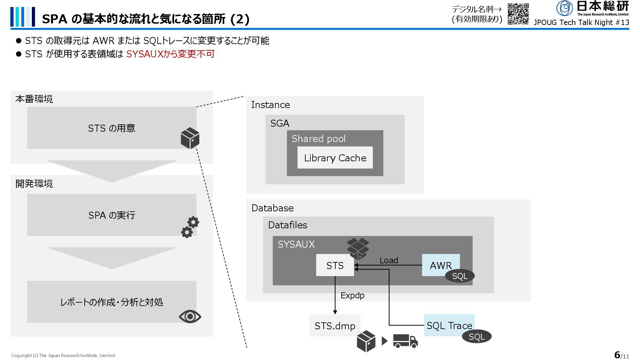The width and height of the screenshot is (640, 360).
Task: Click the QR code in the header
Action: [518, 14]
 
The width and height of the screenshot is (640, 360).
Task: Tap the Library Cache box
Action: [335, 158]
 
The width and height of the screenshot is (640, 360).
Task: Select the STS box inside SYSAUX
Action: [335, 265]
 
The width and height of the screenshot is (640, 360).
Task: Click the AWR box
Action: [440, 265]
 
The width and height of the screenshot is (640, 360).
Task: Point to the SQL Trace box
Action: [449, 325]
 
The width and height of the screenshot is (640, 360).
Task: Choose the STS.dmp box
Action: [335, 325]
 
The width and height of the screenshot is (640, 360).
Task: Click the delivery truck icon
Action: [405, 341]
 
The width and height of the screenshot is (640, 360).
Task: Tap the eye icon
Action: [190, 316]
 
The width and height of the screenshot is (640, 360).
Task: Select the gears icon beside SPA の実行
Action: [190, 227]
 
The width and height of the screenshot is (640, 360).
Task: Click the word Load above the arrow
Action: [389, 260]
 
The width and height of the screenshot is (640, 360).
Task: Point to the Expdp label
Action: [352, 295]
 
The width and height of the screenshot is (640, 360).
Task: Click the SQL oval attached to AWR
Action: [460, 276]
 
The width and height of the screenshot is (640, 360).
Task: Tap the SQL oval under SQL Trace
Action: [477, 337]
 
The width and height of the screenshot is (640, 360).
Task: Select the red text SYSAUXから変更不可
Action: [170, 54]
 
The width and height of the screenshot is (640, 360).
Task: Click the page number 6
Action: [617, 355]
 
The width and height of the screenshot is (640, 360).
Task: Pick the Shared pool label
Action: [318, 139]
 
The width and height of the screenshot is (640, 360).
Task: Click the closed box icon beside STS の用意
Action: [190, 138]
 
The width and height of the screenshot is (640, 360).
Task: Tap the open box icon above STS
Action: [358, 248]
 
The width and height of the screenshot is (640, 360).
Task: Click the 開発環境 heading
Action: [34, 184]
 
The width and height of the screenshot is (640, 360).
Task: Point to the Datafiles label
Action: [287, 225]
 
